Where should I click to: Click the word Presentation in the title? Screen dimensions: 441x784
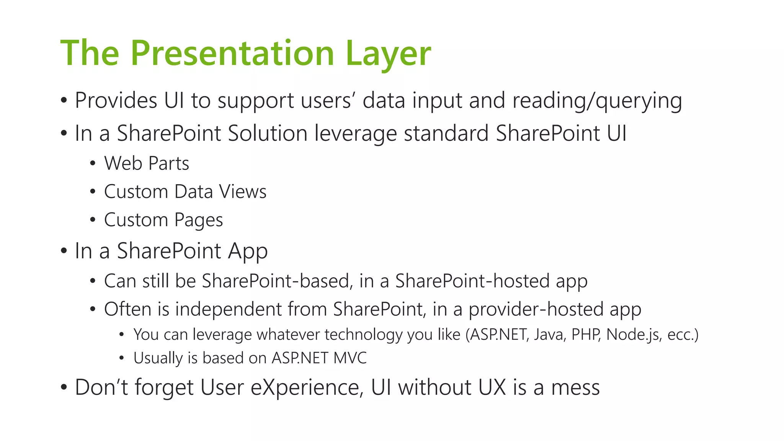[x=232, y=54]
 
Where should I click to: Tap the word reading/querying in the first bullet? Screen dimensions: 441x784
[x=597, y=101]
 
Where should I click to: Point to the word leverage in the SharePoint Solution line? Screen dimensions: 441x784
[x=356, y=134]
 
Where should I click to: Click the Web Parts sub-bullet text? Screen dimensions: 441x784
[x=147, y=163]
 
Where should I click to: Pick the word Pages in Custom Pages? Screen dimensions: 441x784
[x=199, y=220]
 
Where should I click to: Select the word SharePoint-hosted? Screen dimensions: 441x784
[x=472, y=281]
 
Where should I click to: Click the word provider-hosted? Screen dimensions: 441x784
[x=536, y=309]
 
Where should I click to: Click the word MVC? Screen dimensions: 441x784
[x=350, y=358]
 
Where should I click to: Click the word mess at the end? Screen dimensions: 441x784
[x=575, y=387]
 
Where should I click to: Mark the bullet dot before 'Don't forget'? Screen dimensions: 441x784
[x=64, y=387]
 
